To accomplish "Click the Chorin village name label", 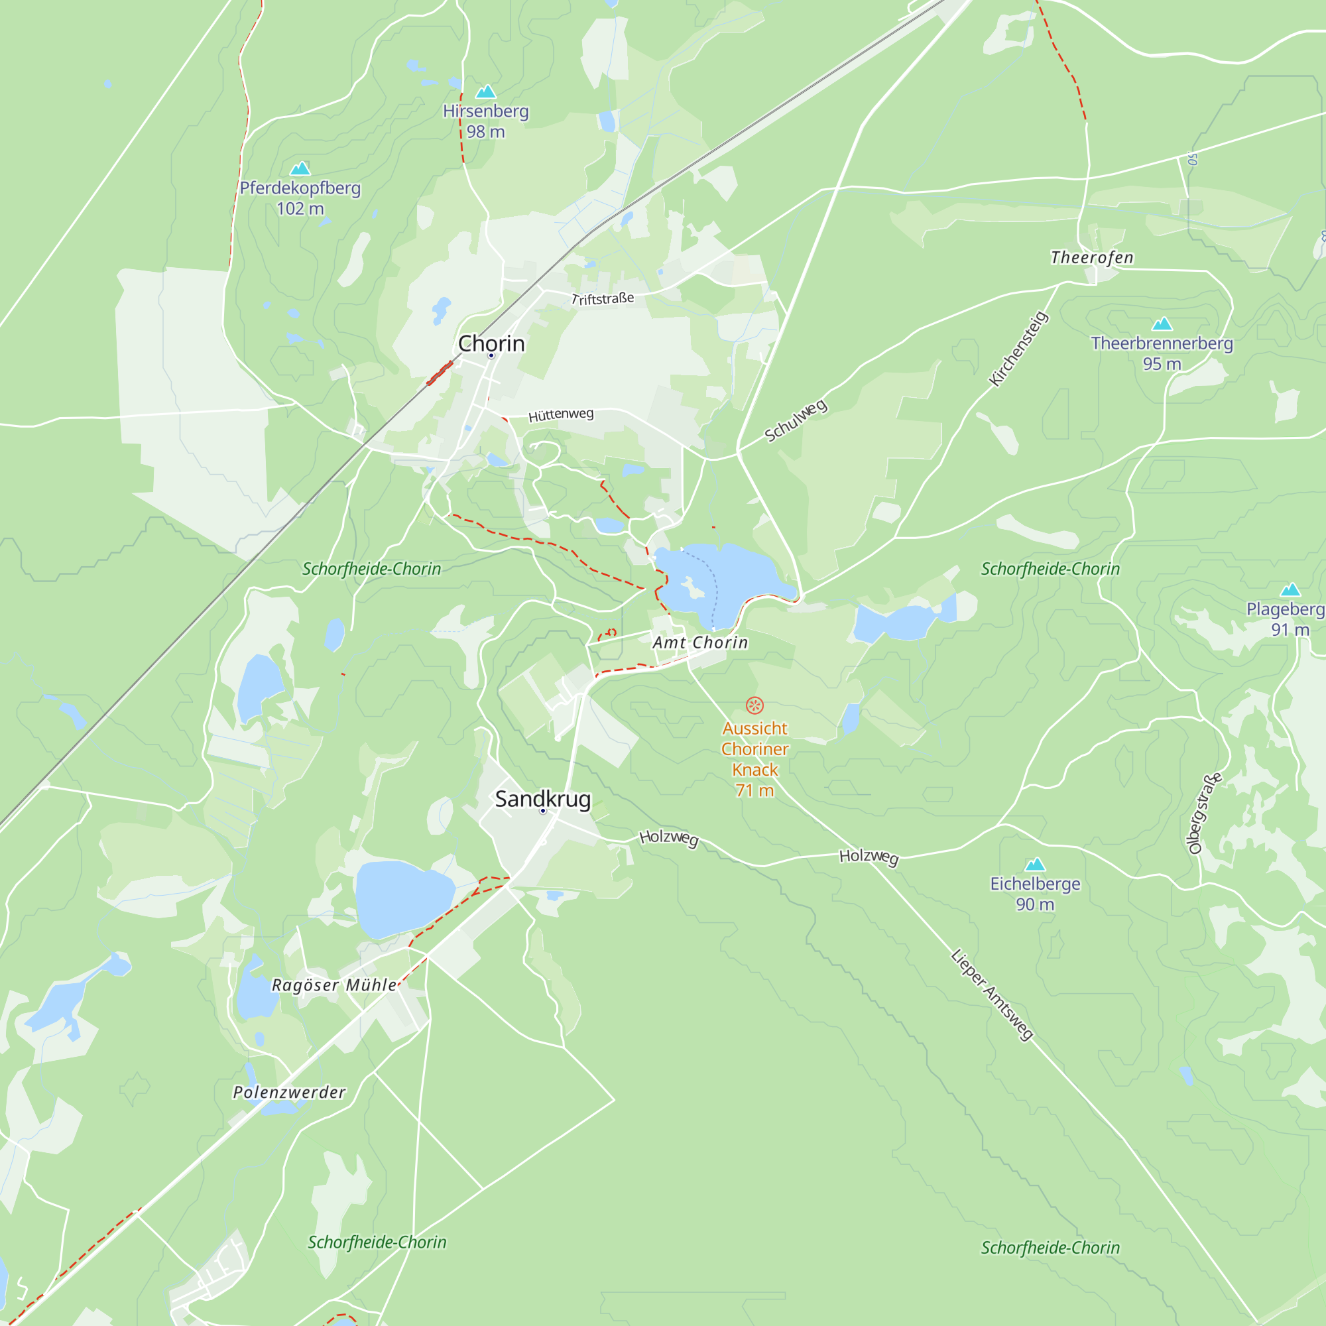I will click(x=491, y=343).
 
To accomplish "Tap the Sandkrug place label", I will click(x=542, y=799).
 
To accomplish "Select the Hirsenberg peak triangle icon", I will click(x=486, y=91).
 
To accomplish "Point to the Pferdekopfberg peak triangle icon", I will click(x=300, y=168).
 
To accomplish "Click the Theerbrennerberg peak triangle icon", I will click(x=1162, y=324).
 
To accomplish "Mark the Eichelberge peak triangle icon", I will click(x=1035, y=864).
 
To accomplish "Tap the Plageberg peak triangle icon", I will click(x=1290, y=589).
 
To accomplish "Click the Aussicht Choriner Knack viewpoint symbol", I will click(x=754, y=705).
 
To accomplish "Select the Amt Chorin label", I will click(x=700, y=642).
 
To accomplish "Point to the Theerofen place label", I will click(x=1092, y=257).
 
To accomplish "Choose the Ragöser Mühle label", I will click(x=334, y=985).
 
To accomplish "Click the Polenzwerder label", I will click(x=289, y=1092).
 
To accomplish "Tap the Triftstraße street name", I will click(x=603, y=298).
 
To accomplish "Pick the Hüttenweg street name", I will click(x=561, y=414).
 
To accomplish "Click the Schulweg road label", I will click(x=796, y=420).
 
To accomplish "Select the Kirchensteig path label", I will click(x=1018, y=348).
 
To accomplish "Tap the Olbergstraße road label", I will click(x=1205, y=814).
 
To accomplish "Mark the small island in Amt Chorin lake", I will click(x=693, y=587).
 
